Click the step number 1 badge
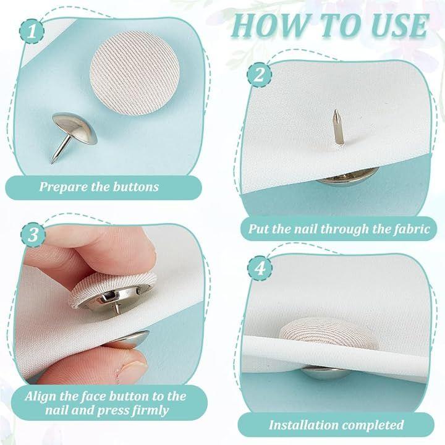click(32, 32)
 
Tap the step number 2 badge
click(260, 75)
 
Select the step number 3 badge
click(33, 235)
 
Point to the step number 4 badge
click(260, 268)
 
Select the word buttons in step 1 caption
click(135, 187)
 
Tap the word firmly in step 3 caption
click(150, 410)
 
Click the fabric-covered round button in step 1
click(135, 73)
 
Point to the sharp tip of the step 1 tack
click(51, 163)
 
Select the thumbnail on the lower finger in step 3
click(130, 370)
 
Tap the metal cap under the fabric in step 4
click(326, 373)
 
